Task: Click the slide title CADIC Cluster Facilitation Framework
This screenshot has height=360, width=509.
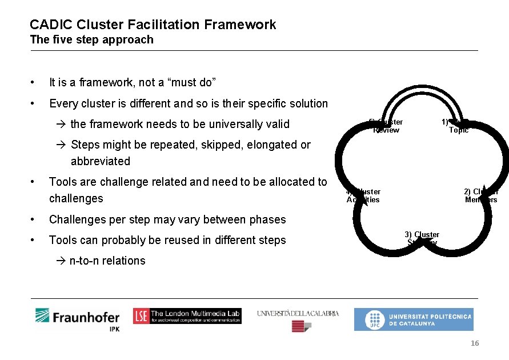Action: click(153, 25)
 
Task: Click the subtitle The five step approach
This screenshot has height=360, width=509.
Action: click(91, 40)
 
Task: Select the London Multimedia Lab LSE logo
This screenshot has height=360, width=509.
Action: click(187, 316)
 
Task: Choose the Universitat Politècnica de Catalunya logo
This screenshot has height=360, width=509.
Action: click(414, 319)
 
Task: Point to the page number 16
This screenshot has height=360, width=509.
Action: click(474, 343)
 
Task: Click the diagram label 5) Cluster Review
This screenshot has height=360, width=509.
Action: click(387, 126)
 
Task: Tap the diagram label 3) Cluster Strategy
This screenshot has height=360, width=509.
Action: click(422, 238)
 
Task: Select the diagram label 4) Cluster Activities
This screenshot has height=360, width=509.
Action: click(363, 195)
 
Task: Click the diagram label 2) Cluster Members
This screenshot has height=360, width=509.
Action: click(481, 195)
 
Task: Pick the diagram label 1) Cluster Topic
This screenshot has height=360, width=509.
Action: click(457, 126)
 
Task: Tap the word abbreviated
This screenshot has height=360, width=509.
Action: click(101, 161)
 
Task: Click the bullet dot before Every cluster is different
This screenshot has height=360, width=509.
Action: click(35, 104)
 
